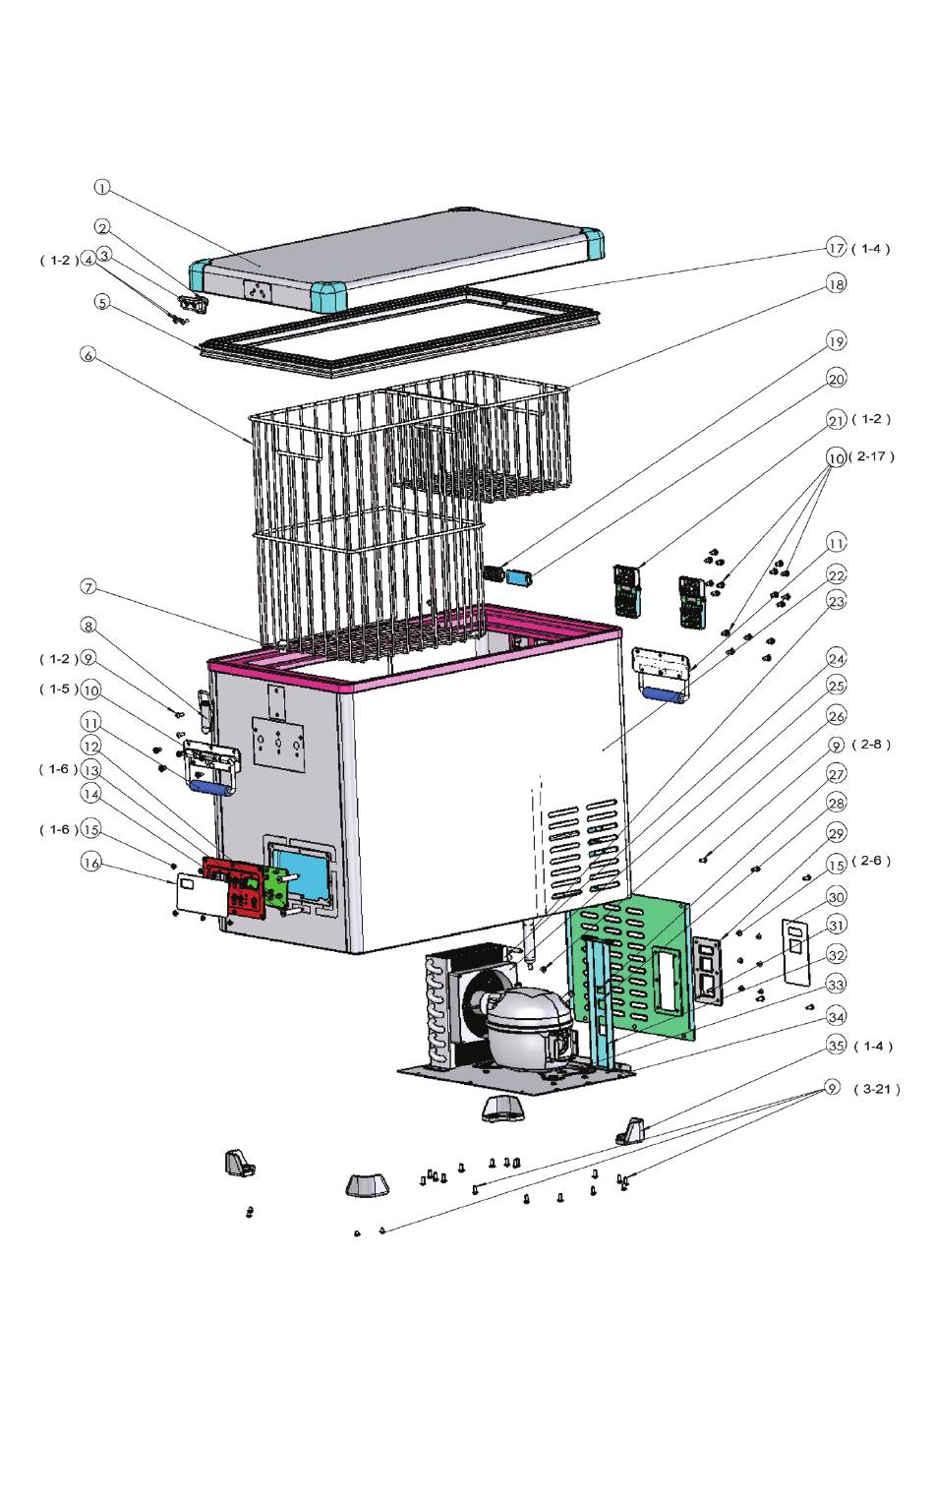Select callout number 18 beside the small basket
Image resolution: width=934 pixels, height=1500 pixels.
click(836, 284)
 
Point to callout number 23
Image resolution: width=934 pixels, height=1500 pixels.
click(836, 601)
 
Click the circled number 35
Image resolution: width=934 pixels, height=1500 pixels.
click(836, 1045)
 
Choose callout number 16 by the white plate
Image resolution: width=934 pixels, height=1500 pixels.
click(90, 862)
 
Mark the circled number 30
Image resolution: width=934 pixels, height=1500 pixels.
click(836, 896)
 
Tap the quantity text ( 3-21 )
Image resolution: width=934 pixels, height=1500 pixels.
click(877, 1089)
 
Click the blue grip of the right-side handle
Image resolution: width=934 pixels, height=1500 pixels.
click(665, 694)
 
